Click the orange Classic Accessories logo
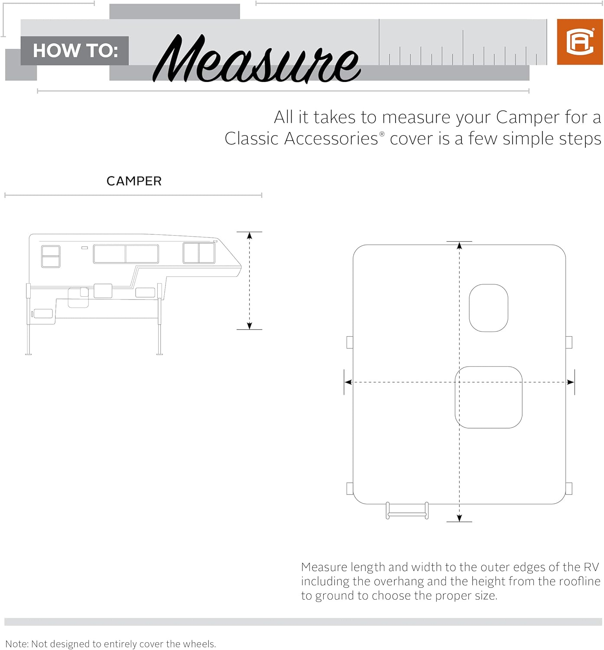(580, 42)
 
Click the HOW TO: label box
(75, 51)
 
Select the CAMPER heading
(134, 181)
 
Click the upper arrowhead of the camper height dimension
(250, 236)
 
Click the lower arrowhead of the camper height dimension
(250, 326)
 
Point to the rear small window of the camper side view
(51, 256)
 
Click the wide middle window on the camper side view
(126, 254)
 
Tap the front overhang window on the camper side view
(199, 253)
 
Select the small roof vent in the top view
(488, 308)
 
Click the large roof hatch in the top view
(488, 397)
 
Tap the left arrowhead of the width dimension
(347, 382)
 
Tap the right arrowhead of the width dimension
(571, 382)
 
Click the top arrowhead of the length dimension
(459, 246)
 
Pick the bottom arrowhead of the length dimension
(459, 518)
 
